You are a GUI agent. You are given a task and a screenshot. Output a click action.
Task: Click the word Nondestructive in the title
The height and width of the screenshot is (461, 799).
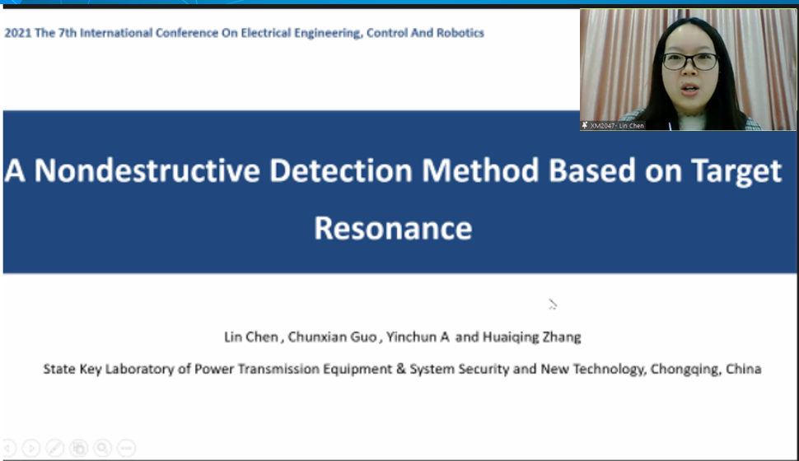[x=147, y=170]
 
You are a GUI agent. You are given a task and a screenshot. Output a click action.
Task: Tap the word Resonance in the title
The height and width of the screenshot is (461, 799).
[x=393, y=228]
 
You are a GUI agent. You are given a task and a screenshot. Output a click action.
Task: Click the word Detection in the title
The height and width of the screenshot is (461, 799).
[x=340, y=170]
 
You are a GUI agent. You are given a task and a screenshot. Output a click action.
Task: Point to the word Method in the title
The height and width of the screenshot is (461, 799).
[x=480, y=170]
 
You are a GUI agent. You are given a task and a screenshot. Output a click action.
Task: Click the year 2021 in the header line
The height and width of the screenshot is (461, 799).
[x=18, y=33]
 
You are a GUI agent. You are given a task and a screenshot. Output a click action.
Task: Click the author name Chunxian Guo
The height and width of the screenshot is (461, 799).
[x=332, y=337]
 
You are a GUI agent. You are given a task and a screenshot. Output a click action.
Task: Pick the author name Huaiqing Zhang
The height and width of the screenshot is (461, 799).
[x=531, y=337]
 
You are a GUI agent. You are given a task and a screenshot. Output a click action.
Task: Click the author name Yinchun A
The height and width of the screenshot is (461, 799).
[x=418, y=337]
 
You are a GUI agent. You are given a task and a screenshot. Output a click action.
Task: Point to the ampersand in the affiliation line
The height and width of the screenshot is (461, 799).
[x=401, y=369]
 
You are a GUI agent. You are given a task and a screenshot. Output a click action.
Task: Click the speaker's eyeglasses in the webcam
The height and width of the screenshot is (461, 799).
[x=690, y=62]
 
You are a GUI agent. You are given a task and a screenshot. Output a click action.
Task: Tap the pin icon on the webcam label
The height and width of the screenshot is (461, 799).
[x=585, y=125]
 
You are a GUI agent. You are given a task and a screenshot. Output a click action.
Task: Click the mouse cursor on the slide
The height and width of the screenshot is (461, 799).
[x=553, y=305]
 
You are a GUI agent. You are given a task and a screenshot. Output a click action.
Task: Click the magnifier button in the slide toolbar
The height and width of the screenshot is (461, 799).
[x=102, y=448]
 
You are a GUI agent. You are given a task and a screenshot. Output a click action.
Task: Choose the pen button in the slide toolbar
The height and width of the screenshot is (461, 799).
[x=55, y=448]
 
